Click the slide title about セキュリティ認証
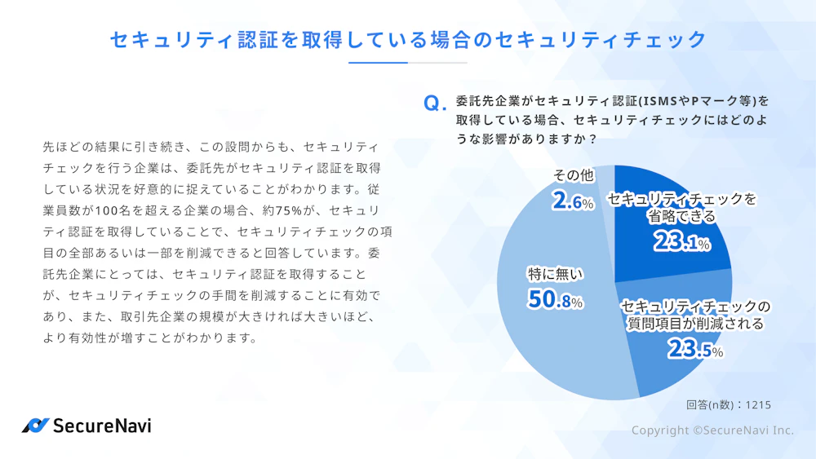(407, 38)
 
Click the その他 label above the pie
(574, 175)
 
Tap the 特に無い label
(555, 274)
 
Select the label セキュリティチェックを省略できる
(681, 207)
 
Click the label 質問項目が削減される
(694, 315)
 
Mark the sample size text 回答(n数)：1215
(728, 404)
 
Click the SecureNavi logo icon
(35, 425)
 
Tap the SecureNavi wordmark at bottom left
(102, 425)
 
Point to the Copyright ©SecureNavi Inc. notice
(712, 430)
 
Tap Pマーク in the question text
(708, 102)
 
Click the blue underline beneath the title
(378, 63)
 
